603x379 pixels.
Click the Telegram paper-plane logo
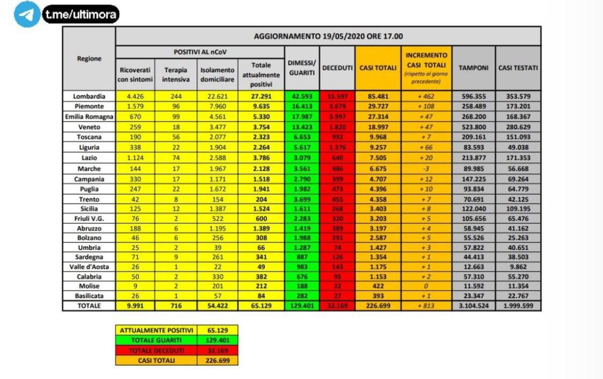tap(27, 14)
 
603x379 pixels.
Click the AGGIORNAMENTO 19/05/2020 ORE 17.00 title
tap(328, 36)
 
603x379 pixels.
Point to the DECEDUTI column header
tap(337, 68)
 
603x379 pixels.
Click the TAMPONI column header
tap(473, 68)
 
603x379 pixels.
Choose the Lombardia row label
tap(89, 97)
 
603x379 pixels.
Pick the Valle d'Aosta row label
tap(89, 267)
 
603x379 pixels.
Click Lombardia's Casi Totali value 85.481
tap(378, 97)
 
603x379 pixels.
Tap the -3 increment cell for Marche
tap(426, 169)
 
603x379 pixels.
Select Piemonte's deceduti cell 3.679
tap(337, 107)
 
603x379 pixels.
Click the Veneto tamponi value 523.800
tap(473, 127)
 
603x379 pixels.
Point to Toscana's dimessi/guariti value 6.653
tap(301, 137)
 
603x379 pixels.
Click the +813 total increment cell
tap(426, 306)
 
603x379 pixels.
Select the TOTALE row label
tap(89, 306)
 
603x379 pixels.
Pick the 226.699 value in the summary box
tap(218, 360)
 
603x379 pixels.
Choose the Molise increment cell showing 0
tap(426, 286)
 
